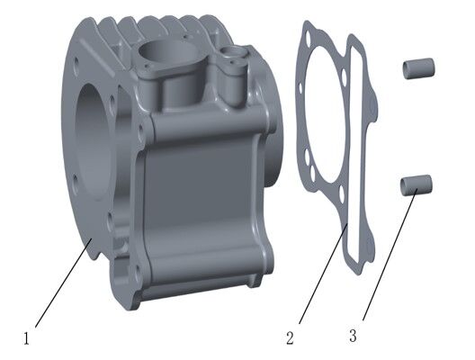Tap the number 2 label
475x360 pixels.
coord(290,338)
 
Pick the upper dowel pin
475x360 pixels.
coord(419,67)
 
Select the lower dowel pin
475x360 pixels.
coord(418,184)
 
